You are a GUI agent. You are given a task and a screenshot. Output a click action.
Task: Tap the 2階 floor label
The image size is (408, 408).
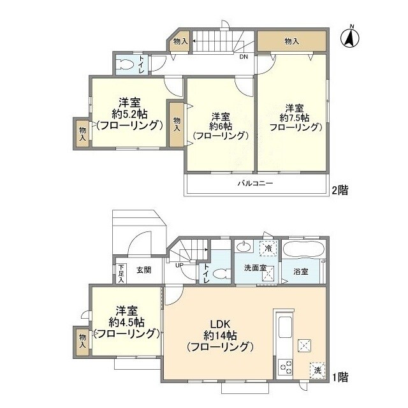pyautogui.click(x=339, y=190)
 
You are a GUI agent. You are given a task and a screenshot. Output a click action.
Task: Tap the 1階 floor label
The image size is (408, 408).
pyautogui.click(x=339, y=376)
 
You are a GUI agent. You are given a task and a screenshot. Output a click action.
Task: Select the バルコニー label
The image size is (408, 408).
pyautogui.click(x=256, y=184)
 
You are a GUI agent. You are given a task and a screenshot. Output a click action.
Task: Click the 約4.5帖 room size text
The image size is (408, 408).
pyautogui.click(x=126, y=322)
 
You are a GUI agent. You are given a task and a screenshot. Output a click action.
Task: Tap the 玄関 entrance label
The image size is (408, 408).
pyautogui.click(x=143, y=270)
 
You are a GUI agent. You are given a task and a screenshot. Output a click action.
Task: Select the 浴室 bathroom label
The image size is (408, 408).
pyautogui.click(x=301, y=272)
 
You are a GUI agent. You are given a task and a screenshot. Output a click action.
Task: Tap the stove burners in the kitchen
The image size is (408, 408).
pyautogui.click(x=284, y=368)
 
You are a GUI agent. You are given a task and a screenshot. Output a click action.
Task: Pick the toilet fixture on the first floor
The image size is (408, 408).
pyautogui.click(x=220, y=274)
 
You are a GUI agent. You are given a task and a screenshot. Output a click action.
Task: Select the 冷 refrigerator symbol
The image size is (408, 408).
pyautogui.click(x=268, y=247)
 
